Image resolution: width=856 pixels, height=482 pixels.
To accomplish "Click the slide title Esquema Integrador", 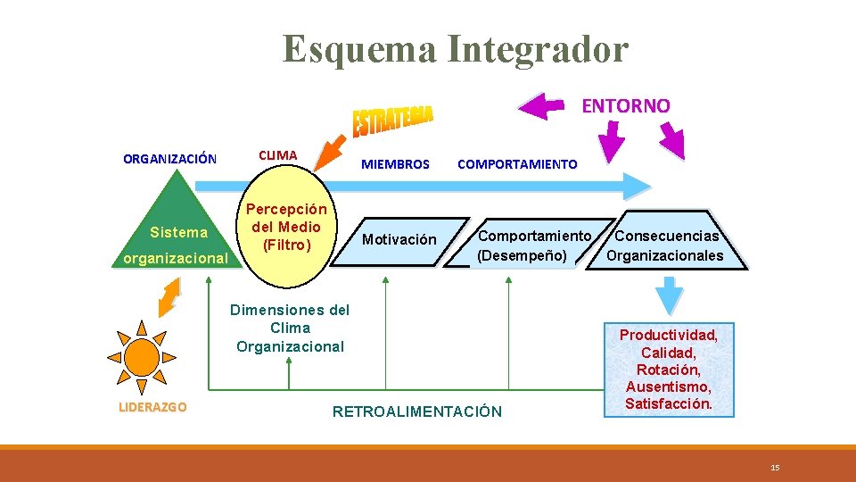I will (x=456, y=49).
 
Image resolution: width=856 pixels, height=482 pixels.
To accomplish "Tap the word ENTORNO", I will (x=625, y=105).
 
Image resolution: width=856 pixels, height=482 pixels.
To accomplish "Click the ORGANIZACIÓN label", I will (x=169, y=159).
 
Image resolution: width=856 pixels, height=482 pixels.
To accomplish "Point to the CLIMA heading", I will (x=277, y=154).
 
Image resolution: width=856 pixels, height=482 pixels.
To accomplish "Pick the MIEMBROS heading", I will (x=395, y=164).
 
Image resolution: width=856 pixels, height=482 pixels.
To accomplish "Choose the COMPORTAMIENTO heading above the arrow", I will (x=517, y=164).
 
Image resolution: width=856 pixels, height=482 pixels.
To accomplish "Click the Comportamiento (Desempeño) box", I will (x=533, y=245).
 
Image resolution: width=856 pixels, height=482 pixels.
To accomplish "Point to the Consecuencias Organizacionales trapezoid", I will (x=665, y=245).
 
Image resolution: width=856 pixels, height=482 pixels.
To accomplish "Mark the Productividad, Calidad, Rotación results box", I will (x=669, y=369).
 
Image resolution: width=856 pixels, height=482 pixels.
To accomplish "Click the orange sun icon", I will (x=141, y=356).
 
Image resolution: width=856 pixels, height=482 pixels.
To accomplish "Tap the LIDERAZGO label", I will (x=152, y=407).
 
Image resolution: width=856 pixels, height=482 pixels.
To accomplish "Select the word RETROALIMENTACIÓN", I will (x=416, y=411).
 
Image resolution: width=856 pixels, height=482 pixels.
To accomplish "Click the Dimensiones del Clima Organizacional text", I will (x=290, y=328).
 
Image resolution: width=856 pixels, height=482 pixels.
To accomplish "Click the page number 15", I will (x=775, y=468).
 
